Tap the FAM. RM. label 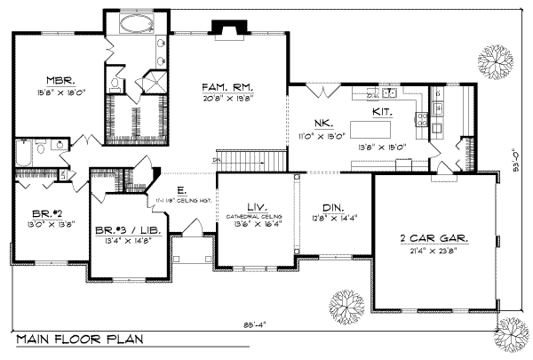click(228, 87)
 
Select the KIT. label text click(383, 114)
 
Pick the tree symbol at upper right click(491, 62)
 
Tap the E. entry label click(181, 190)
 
